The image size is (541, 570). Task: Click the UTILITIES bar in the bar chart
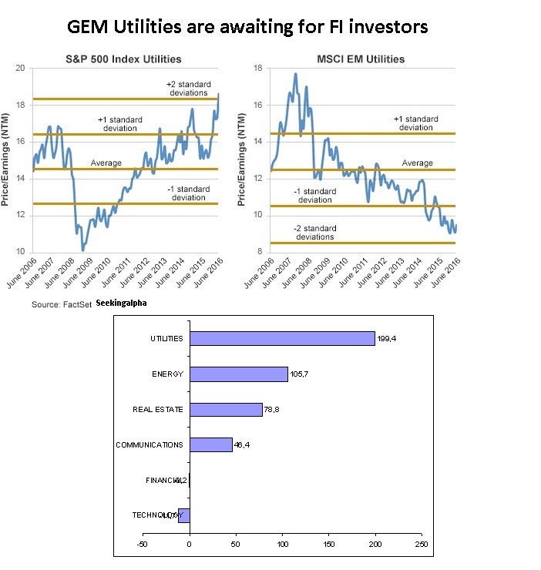tap(282, 338)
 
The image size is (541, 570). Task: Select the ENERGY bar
tap(238, 374)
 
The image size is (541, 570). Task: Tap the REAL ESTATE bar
tap(226, 410)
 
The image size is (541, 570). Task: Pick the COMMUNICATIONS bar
tap(210, 445)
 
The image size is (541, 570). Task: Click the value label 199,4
tap(387, 339)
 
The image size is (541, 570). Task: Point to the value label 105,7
tap(299, 374)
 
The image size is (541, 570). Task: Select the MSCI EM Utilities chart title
tap(360, 59)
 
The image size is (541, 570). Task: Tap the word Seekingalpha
tap(123, 303)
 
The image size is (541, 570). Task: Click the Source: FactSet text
tap(61, 305)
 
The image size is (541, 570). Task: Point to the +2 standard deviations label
tap(188, 88)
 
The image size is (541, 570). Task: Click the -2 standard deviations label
tap(314, 233)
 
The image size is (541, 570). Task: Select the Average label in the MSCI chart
tap(417, 163)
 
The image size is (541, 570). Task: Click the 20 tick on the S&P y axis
tap(21, 69)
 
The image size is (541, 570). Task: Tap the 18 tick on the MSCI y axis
tap(259, 69)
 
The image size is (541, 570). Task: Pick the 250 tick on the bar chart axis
tap(422, 544)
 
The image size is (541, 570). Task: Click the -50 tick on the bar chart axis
tap(142, 544)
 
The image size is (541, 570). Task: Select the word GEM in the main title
tap(89, 28)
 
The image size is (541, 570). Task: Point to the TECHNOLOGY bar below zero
tap(184, 515)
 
